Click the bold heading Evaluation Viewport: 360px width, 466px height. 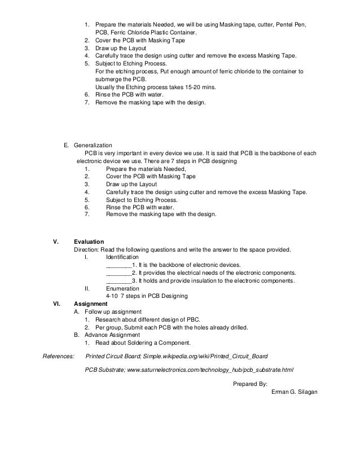pyautogui.click(x=89, y=241)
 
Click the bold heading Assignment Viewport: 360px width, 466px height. pyautogui.click(x=91, y=304)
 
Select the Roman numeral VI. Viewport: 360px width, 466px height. pyautogui.click(x=56, y=304)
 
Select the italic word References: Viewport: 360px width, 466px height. pyautogui.click(x=59, y=357)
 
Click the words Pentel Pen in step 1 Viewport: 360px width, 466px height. pyautogui.click(x=293, y=25)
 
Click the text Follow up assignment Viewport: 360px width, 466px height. pyautogui.click(x=112, y=311)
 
